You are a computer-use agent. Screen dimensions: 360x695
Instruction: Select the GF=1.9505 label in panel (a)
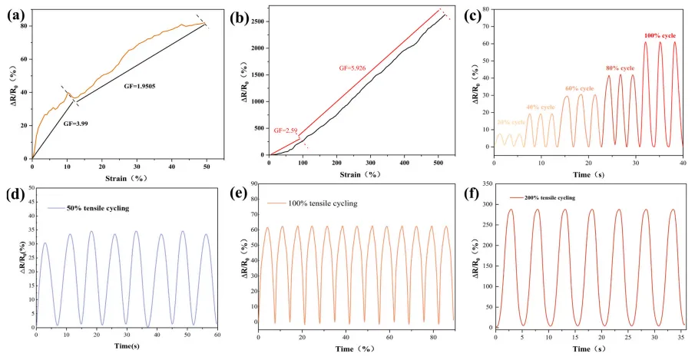pyautogui.click(x=144, y=87)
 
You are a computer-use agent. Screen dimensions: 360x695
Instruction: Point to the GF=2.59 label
pyautogui.click(x=287, y=130)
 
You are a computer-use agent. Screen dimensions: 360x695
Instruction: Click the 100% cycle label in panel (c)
pyautogui.click(x=659, y=35)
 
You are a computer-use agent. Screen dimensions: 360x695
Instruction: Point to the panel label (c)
pyautogui.click(x=474, y=12)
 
